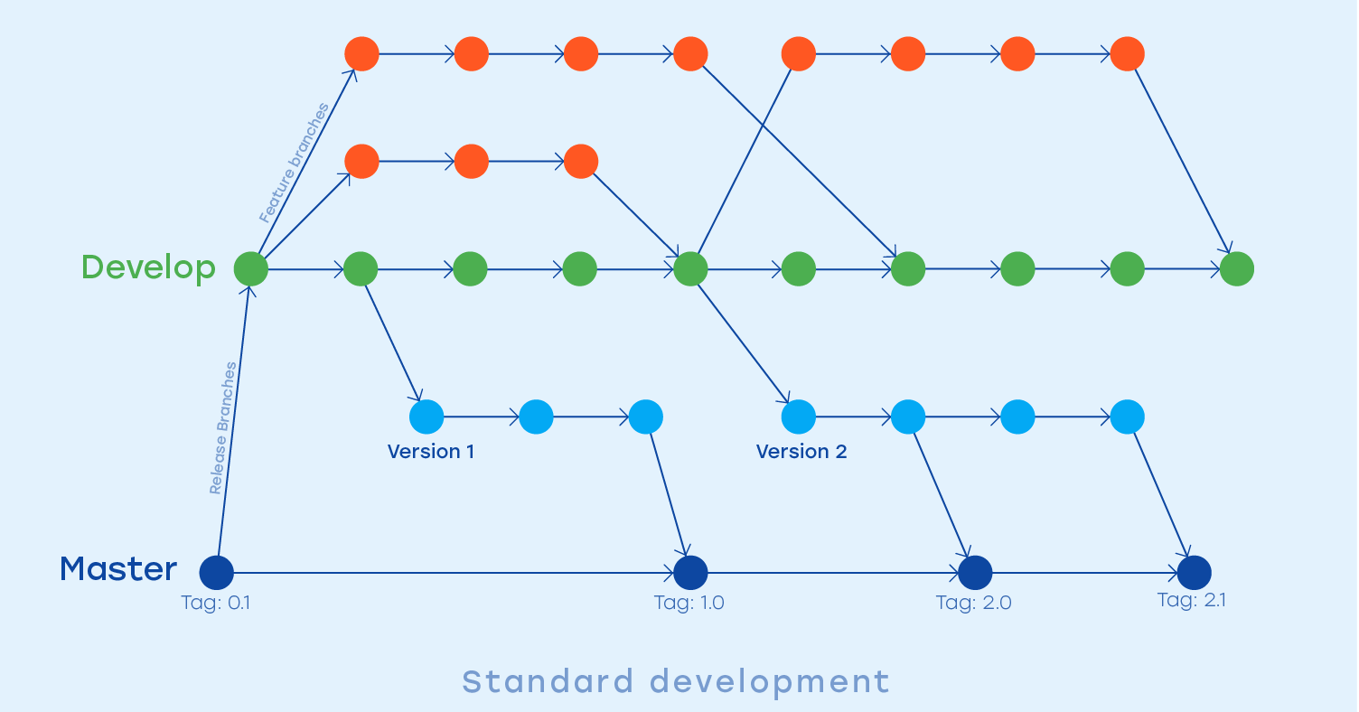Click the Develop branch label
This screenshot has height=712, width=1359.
148,267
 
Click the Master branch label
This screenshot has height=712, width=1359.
118,569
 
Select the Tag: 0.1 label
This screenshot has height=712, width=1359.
216,603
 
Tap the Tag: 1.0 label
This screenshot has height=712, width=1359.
689,603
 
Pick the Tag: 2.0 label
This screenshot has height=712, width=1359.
974,603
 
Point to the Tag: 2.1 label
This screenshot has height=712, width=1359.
1192,600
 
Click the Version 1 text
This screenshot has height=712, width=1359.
431,452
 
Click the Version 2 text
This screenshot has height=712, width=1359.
801,452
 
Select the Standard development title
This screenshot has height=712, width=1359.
676,681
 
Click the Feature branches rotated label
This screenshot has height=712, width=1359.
294,163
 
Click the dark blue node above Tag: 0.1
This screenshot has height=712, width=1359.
216,572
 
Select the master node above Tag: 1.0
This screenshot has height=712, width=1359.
690,572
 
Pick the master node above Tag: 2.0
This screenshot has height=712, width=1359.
975,572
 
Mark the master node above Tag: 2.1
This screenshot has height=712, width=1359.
1194,572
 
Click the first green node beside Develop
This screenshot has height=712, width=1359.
251,268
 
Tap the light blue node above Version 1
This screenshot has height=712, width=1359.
426,417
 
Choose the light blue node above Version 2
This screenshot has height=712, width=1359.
798,417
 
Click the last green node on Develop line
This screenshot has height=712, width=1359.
1236,268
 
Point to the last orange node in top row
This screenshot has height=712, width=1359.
1127,53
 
